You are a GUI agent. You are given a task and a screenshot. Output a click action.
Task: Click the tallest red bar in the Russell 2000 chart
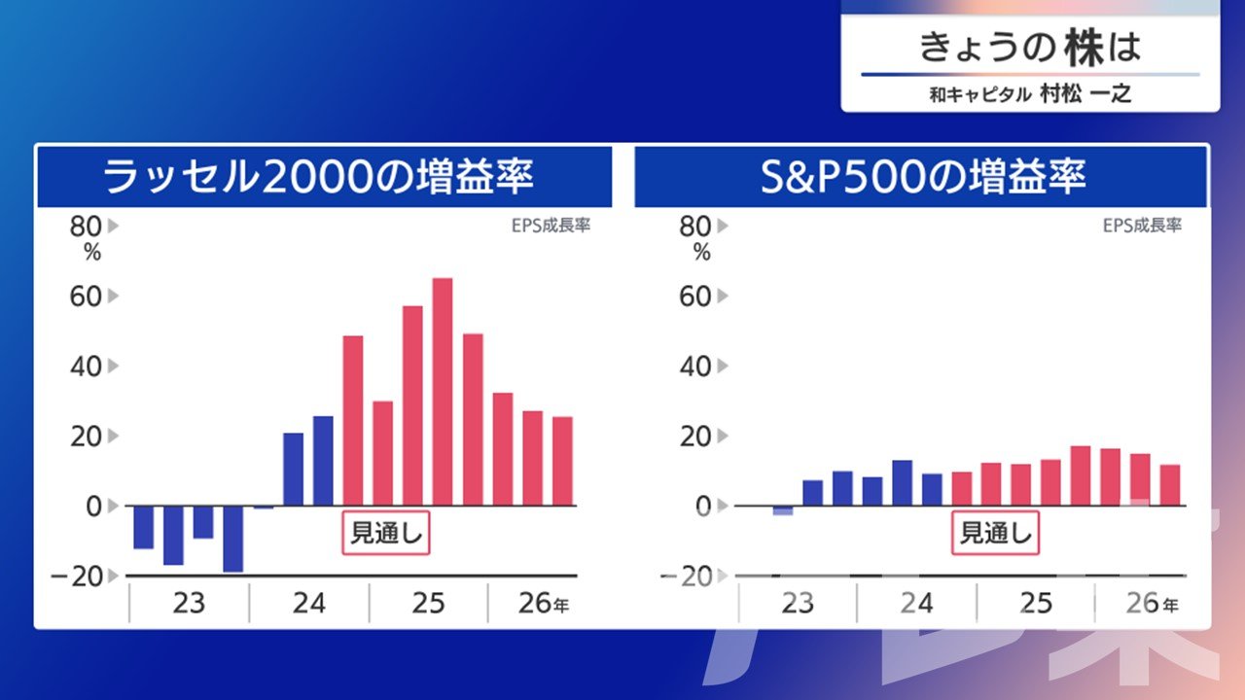tap(443, 392)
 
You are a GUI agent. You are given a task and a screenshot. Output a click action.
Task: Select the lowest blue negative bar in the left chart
tap(232, 539)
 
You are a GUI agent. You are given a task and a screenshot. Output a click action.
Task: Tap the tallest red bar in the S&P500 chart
tap(1081, 475)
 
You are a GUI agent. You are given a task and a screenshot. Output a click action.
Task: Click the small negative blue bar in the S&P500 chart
tap(783, 510)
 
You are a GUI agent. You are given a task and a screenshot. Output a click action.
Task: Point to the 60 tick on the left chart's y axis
tap(86, 297)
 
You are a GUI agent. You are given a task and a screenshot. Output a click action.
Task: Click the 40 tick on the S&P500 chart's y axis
tap(694, 367)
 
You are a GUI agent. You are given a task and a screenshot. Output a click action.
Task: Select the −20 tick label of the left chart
tap(77, 577)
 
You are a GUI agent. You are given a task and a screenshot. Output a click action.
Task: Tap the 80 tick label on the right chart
tap(694, 227)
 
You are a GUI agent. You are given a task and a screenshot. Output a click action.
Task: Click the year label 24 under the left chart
tap(309, 604)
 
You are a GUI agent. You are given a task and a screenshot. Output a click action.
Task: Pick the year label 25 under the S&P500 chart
tap(1036, 604)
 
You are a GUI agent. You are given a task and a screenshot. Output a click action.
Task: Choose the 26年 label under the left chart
tap(544, 604)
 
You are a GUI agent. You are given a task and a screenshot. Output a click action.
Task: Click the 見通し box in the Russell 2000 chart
tap(386, 533)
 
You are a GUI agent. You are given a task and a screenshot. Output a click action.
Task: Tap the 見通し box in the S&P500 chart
tap(995, 533)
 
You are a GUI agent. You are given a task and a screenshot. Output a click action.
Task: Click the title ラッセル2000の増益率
tap(318, 177)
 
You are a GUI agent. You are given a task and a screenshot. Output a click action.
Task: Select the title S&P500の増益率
tap(923, 177)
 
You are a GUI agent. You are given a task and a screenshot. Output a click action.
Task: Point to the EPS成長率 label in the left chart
tap(551, 225)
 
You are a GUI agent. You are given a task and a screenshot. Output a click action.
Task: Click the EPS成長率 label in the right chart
tap(1142, 225)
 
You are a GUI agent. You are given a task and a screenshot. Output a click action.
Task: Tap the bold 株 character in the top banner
tap(1084, 48)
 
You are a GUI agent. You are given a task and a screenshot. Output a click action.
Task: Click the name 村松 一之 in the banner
tap(1085, 94)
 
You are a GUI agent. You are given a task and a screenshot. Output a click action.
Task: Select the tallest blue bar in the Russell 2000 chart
tap(323, 461)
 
